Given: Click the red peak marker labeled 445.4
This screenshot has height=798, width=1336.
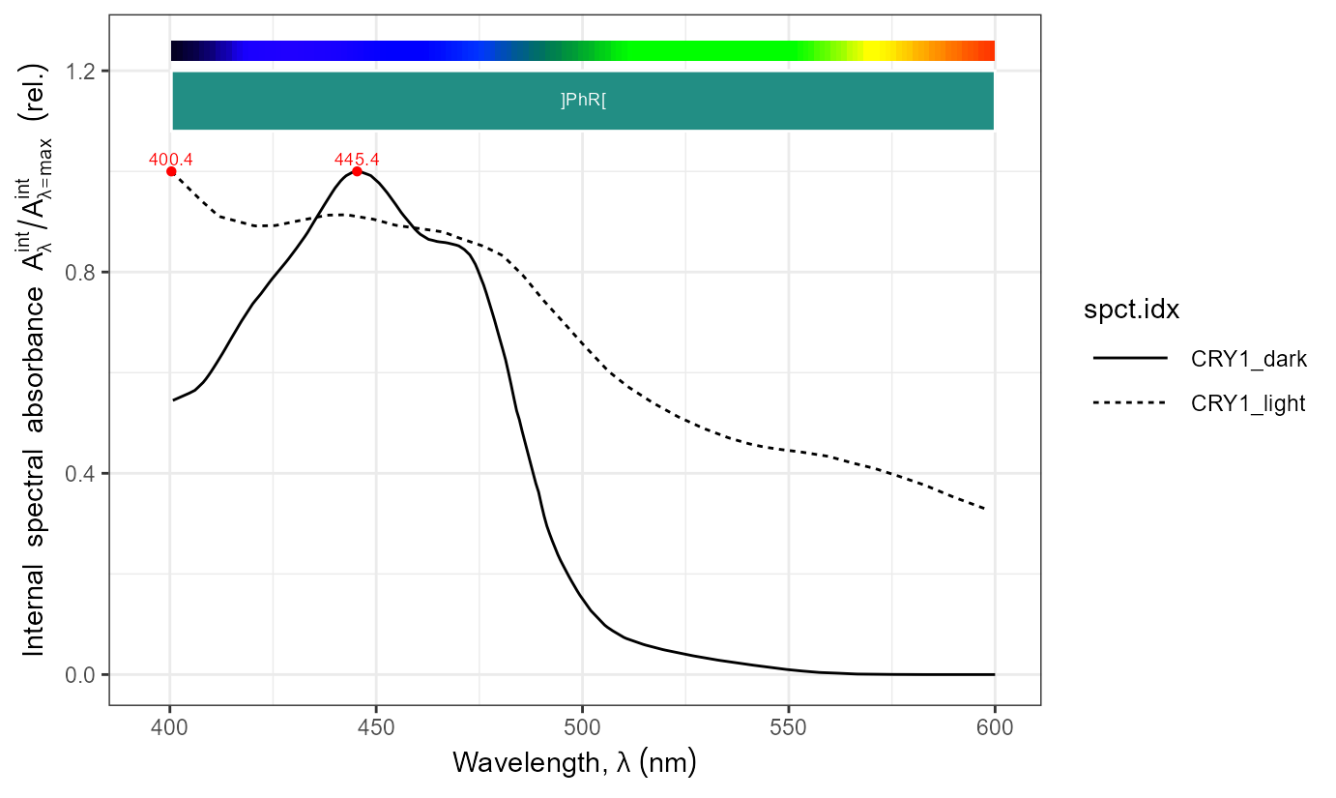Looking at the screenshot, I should coord(357,171).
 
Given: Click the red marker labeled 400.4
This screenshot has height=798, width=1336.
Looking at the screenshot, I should coord(171,171).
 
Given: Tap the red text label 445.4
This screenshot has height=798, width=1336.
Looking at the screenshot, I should coord(357,160).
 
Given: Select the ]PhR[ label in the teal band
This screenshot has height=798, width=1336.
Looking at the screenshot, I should coord(583,101).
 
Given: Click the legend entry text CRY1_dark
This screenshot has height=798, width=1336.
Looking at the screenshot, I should coord(1249,360).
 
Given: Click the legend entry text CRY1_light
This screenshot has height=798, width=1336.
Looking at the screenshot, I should coord(1249,404).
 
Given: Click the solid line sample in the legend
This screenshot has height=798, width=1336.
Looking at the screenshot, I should coord(1129,360).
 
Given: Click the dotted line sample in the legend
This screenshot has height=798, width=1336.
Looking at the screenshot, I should coord(1129,404).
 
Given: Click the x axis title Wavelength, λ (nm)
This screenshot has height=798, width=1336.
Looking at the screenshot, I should coord(574,763).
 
